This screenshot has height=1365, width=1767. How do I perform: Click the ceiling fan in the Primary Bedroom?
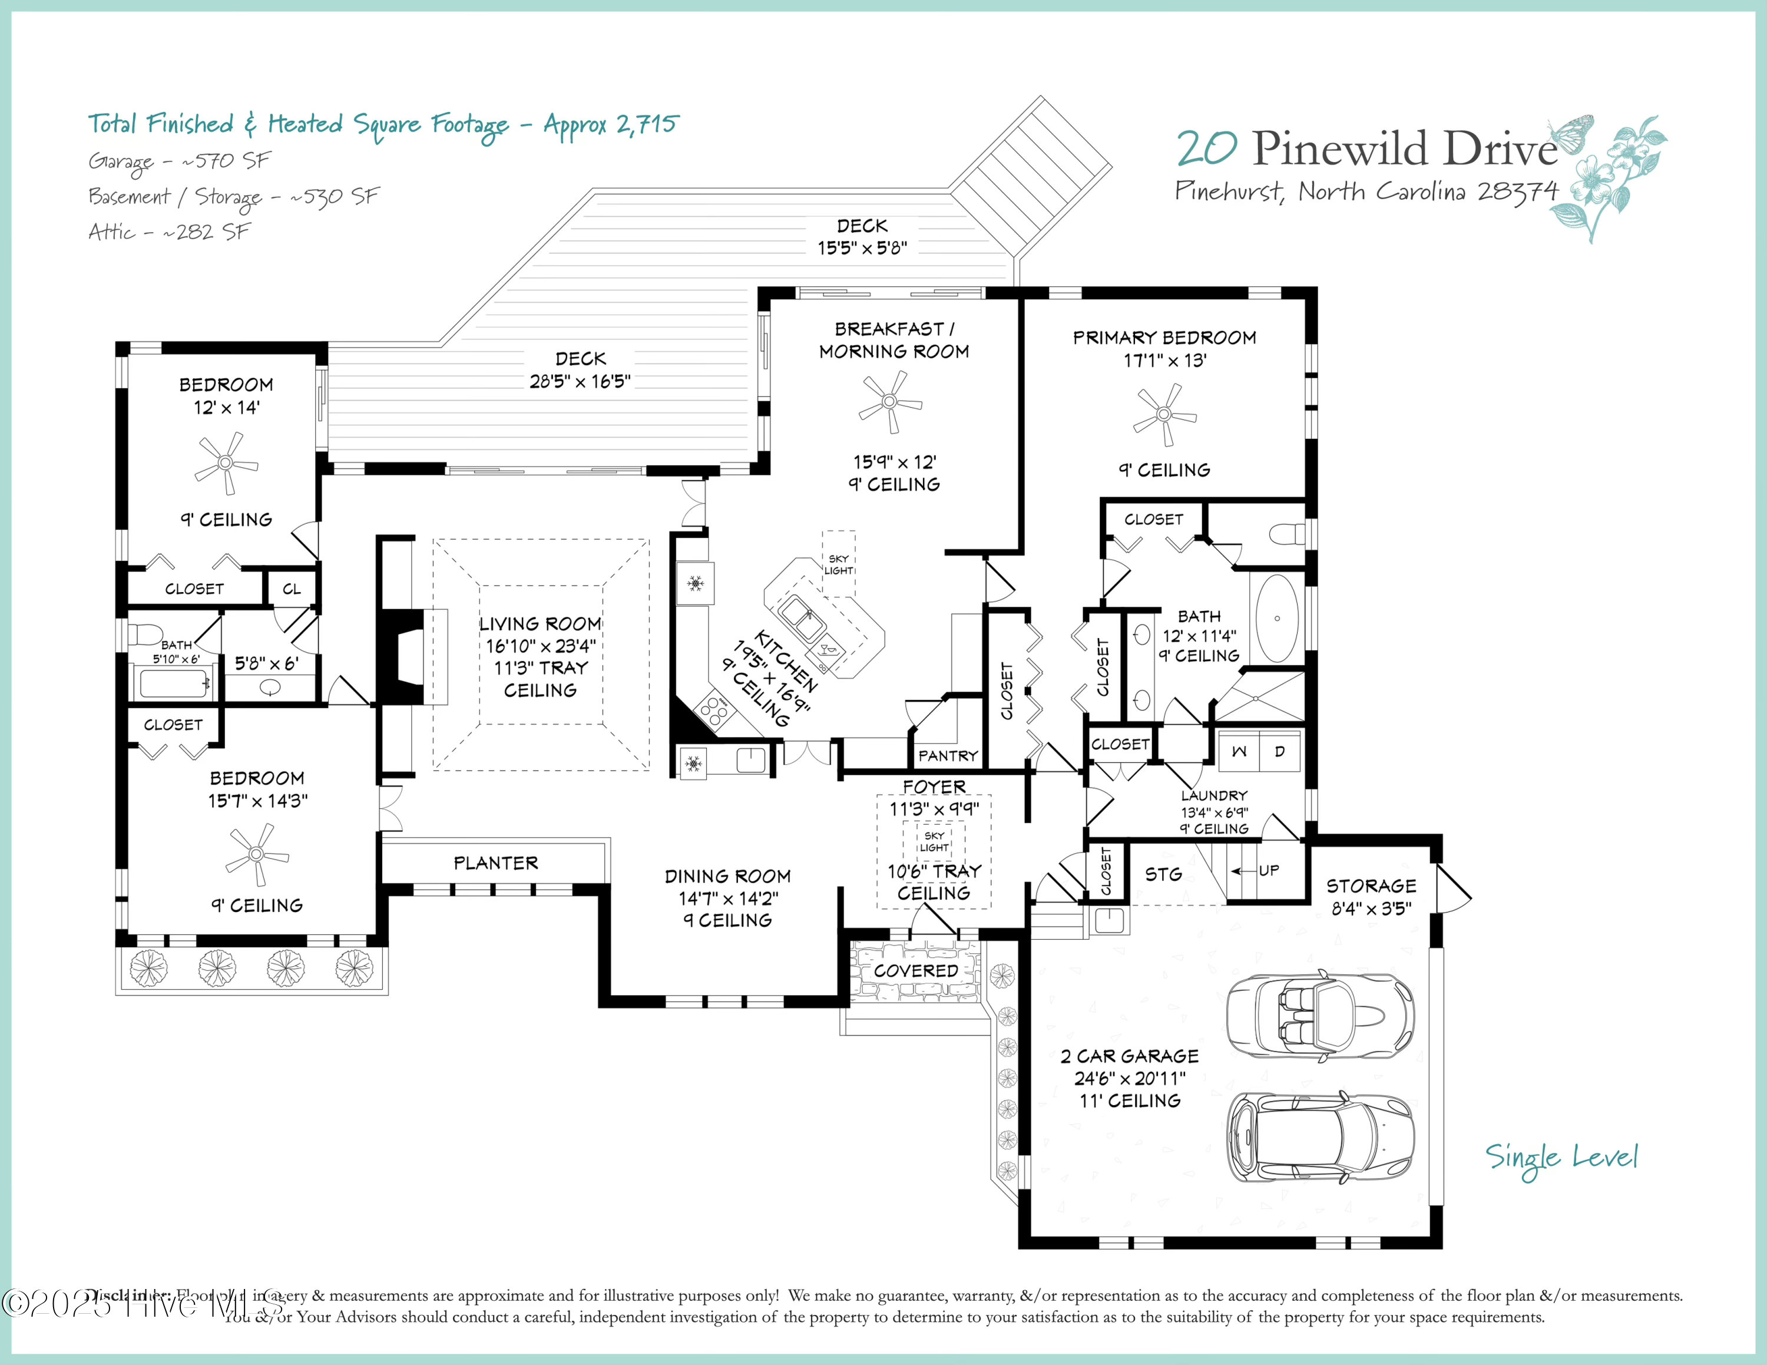click(x=1164, y=414)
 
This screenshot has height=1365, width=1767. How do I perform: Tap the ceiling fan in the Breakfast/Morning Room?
click(x=890, y=401)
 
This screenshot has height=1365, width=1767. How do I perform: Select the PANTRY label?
click(x=948, y=756)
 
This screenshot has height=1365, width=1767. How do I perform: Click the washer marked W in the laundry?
click(x=1239, y=752)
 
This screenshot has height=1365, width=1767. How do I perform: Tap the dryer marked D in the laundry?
click(x=1280, y=752)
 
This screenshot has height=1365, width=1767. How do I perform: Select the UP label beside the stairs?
click(x=1269, y=871)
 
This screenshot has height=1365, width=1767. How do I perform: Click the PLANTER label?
click(x=495, y=863)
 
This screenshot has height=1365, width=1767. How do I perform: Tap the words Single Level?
click(x=1561, y=1158)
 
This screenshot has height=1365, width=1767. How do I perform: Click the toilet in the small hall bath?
click(x=147, y=633)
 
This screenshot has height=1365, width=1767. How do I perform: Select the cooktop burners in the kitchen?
click(x=713, y=710)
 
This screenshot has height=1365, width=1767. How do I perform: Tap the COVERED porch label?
click(x=916, y=971)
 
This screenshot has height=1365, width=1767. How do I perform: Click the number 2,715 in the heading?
click(x=647, y=125)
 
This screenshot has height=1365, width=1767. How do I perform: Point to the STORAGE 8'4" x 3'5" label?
click(x=1371, y=897)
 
